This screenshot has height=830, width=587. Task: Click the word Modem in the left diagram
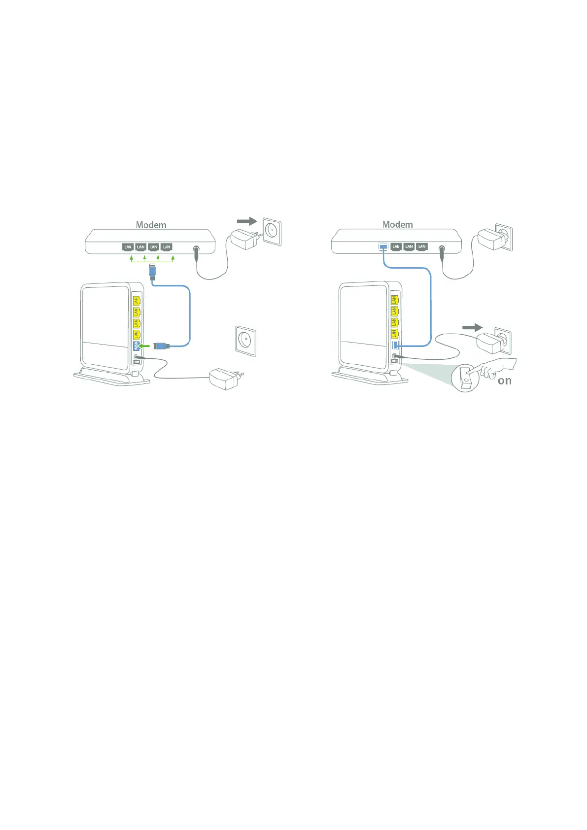point(151,225)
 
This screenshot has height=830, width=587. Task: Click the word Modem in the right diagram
point(397,224)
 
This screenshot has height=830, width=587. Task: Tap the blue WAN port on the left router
point(136,346)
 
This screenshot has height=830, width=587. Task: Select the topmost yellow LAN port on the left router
point(137,300)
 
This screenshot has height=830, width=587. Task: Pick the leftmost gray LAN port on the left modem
point(128,247)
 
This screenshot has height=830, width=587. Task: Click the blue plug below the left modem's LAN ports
point(152,271)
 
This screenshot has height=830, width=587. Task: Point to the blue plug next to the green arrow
point(161,346)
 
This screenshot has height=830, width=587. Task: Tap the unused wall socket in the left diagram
point(245,340)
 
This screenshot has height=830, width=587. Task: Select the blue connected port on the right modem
point(383,246)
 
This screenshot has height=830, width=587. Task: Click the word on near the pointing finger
point(504,381)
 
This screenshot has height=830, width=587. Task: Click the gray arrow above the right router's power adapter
point(472,327)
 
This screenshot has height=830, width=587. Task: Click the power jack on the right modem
point(441,250)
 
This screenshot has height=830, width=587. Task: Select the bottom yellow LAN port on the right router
point(394,334)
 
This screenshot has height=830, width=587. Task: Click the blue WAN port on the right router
point(395,346)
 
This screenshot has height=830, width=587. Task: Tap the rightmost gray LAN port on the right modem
point(421,246)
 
